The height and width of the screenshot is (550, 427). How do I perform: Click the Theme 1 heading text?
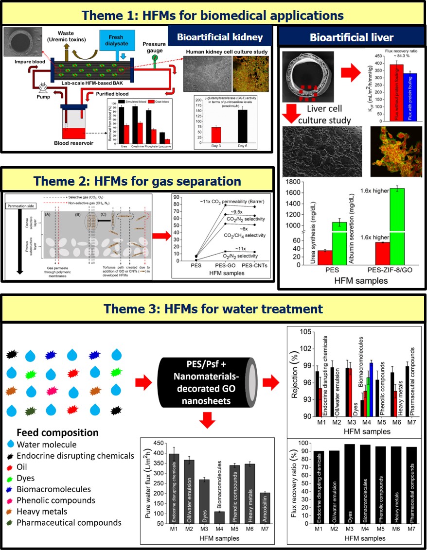tap(213, 15)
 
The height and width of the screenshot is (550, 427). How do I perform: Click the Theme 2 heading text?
tap(137, 181)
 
